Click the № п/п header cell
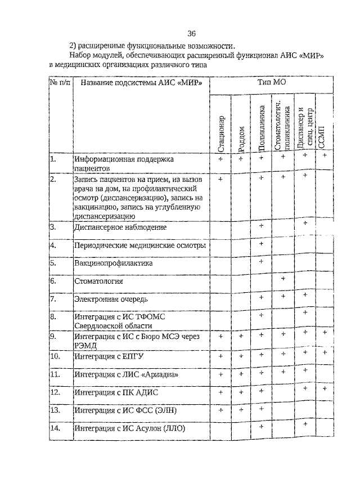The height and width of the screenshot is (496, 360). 60,83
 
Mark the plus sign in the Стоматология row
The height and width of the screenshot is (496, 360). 283,279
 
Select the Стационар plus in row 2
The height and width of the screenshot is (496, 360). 220,179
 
